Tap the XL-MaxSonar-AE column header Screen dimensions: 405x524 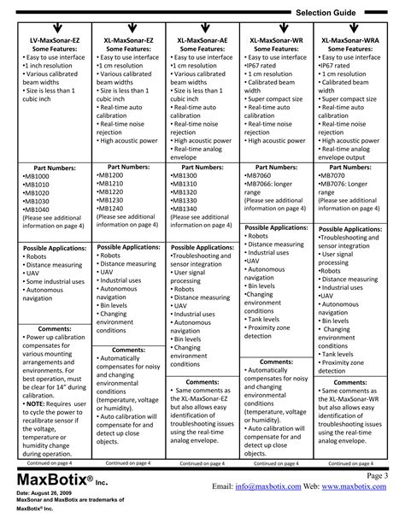[202, 41]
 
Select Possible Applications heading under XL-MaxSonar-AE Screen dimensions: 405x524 [202, 246]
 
